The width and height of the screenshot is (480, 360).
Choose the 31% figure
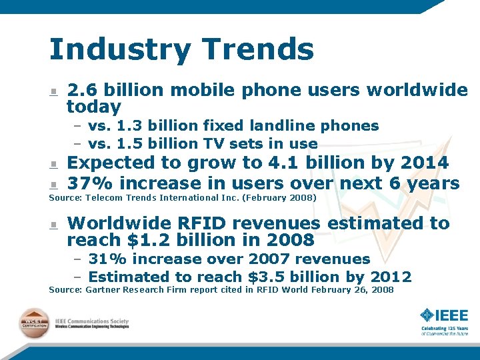click(103, 259)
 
